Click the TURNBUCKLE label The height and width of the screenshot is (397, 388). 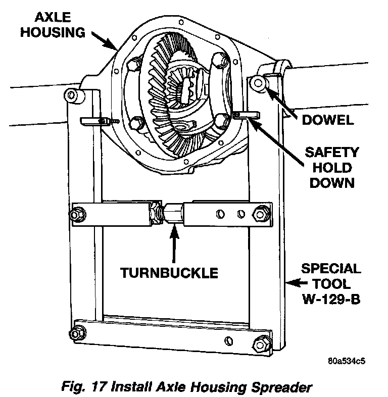(x=169, y=273)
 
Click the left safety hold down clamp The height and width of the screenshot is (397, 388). (x=94, y=120)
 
